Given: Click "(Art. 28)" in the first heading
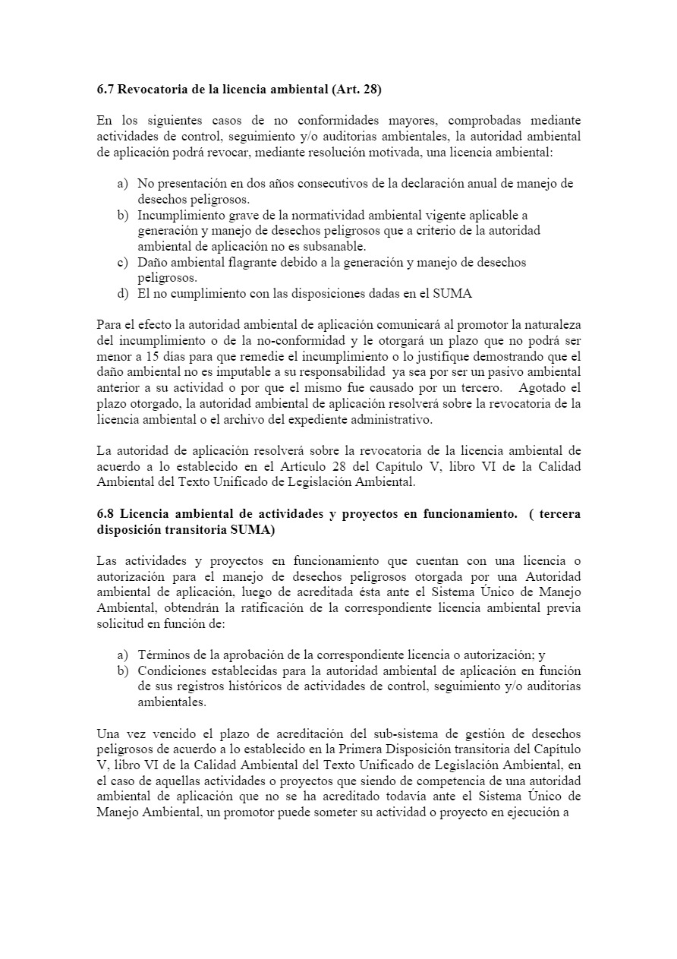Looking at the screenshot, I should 356,90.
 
